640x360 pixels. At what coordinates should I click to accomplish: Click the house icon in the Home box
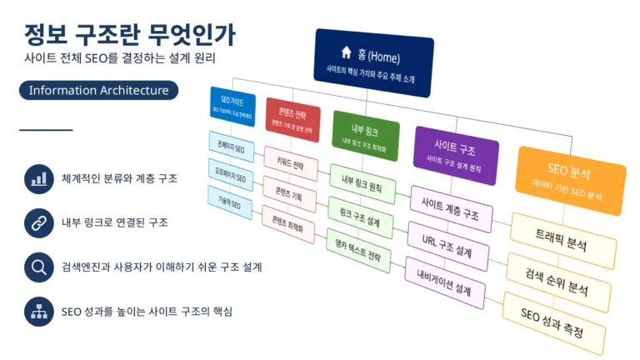tap(346, 52)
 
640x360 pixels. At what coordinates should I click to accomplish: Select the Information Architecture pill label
tap(98, 90)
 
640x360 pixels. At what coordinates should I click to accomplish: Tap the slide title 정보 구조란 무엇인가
tap(129, 34)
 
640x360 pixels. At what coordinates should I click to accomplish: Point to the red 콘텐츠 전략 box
tap(292, 118)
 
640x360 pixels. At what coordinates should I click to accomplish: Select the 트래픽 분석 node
tap(564, 241)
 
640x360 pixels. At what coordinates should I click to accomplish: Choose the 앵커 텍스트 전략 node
tap(357, 250)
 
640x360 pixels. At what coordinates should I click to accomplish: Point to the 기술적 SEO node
tap(229, 202)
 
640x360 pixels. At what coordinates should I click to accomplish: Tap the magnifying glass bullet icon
tap(38, 266)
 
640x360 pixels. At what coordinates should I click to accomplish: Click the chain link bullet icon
tap(38, 222)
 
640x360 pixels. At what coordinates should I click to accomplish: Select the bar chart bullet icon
tap(38, 178)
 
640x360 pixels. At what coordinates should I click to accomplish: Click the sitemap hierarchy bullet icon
tap(38, 310)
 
